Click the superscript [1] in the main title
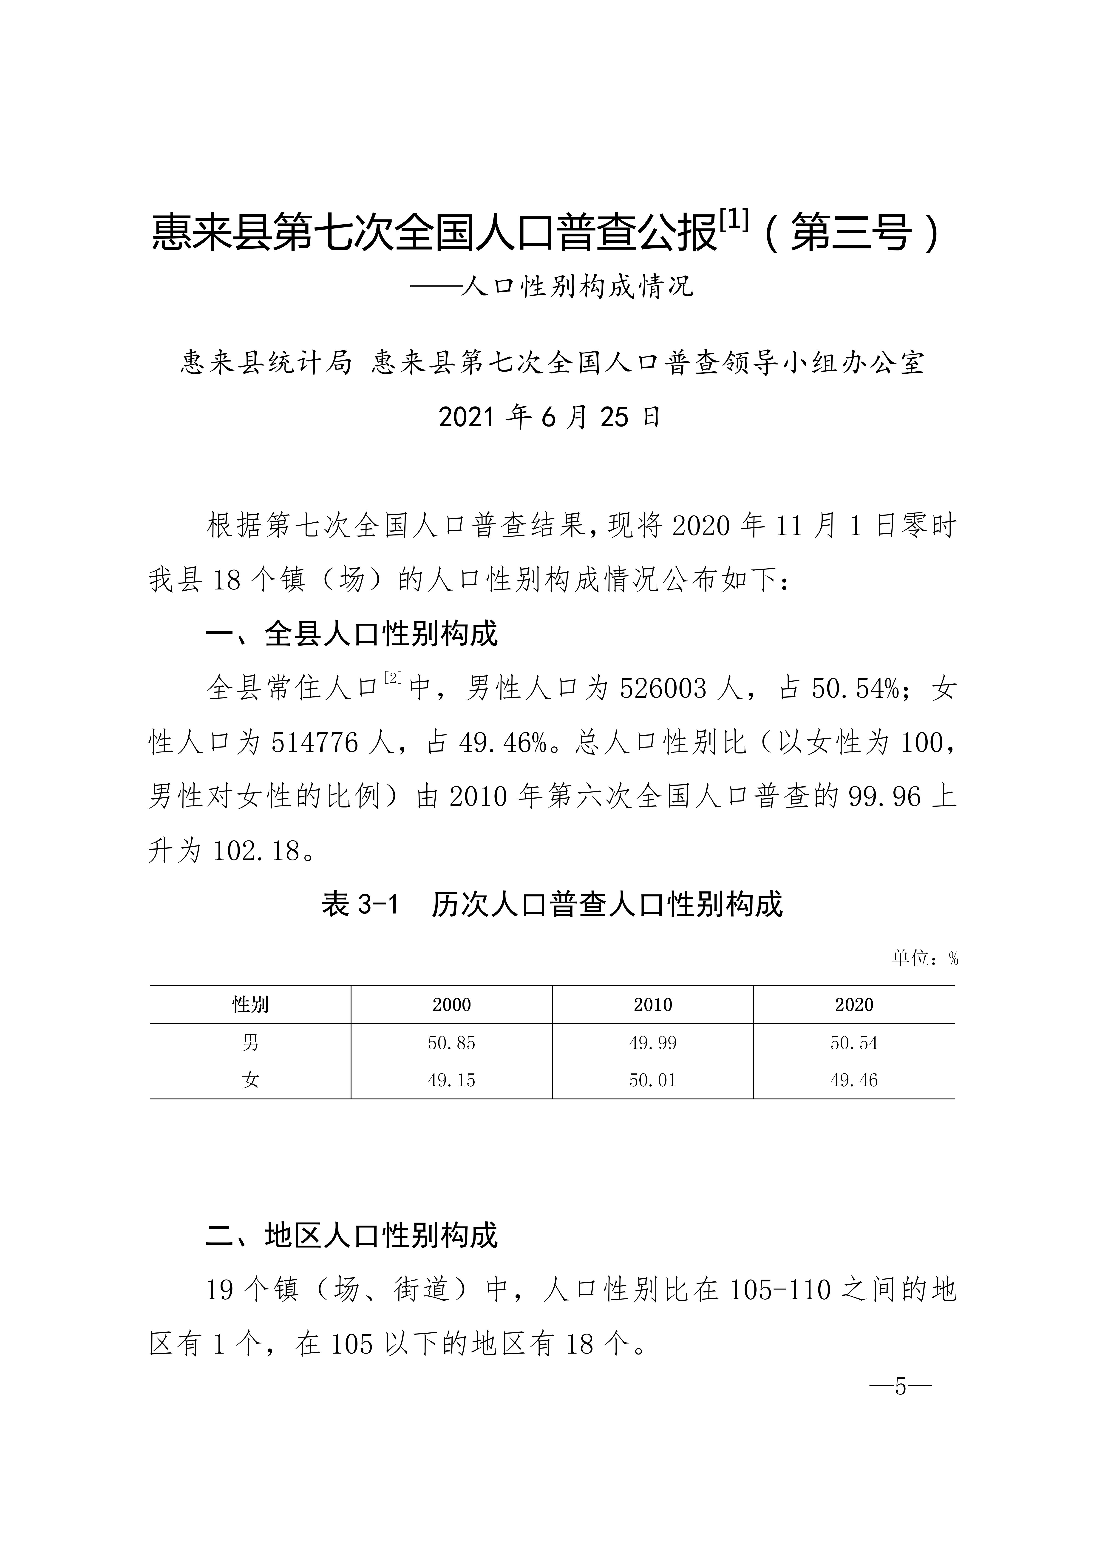733,220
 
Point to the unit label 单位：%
924,958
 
